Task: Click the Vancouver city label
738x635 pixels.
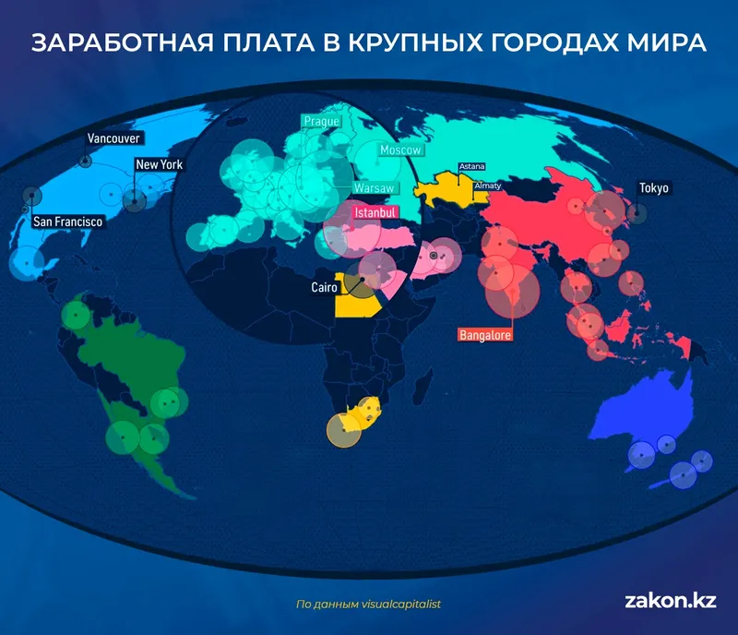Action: click(x=113, y=138)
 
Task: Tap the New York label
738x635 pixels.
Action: click(x=160, y=165)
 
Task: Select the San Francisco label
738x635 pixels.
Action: click(x=67, y=222)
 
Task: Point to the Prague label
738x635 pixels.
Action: click(x=322, y=121)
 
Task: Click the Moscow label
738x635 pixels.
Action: click(x=400, y=150)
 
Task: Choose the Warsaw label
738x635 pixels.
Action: click(x=375, y=188)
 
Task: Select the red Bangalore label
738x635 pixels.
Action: click(x=485, y=335)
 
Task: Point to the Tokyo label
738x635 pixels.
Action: click(x=654, y=188)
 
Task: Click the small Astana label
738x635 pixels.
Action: click(x=472, y=167)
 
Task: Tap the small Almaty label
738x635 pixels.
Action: click(x=487, y=186)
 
